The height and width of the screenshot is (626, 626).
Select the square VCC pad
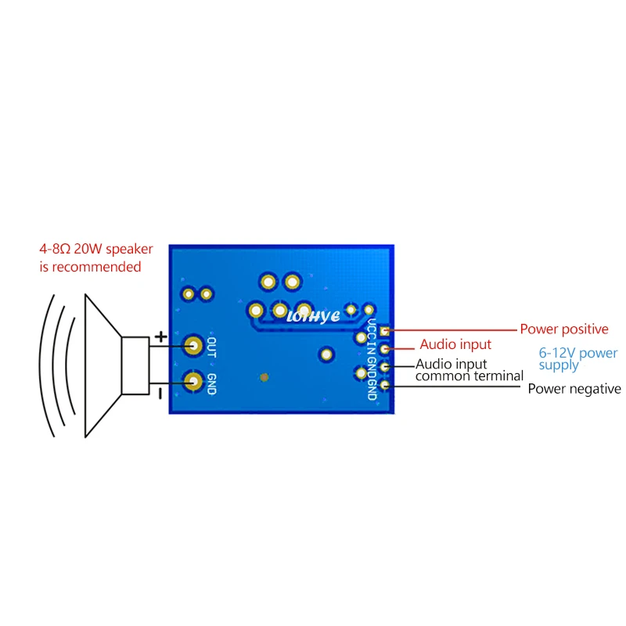(384, 333)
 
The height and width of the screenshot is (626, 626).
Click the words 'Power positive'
(563, 329)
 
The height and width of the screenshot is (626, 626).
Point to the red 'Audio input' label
(455, 344)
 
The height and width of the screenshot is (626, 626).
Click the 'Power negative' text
(574, 389)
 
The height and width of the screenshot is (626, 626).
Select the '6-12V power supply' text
(577, 359)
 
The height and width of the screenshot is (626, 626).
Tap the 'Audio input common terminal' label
(469, 370)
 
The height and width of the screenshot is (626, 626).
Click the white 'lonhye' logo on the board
(313, 316)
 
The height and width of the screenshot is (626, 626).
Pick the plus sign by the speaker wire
(160, 337)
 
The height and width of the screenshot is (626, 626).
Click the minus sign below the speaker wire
(160, 394)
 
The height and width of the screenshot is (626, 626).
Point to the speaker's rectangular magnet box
(135, 365)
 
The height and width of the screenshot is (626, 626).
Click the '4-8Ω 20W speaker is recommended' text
(96, 258)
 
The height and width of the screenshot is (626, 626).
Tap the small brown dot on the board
(264, 377)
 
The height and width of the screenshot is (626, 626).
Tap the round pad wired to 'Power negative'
(384, 383)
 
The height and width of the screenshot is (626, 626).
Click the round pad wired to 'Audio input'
(384, 349)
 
